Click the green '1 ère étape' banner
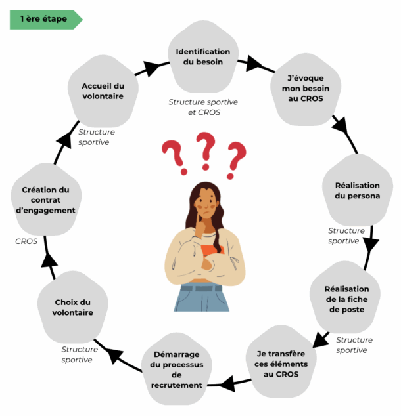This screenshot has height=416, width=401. coord(45,19)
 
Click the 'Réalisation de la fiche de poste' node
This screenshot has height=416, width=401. coord(346,299)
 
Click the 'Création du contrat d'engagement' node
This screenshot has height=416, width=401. coord(45,199)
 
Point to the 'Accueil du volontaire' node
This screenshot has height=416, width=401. coord(103,91)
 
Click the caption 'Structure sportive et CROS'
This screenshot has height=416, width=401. coord(202,107)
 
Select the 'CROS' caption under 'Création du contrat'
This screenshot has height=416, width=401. coord(26,241)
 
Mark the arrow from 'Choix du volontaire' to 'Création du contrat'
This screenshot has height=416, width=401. coord(49,260)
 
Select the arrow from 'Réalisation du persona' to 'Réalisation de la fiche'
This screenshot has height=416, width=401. coord(370,245)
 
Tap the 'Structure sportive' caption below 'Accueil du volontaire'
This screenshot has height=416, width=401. coord(96,136)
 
